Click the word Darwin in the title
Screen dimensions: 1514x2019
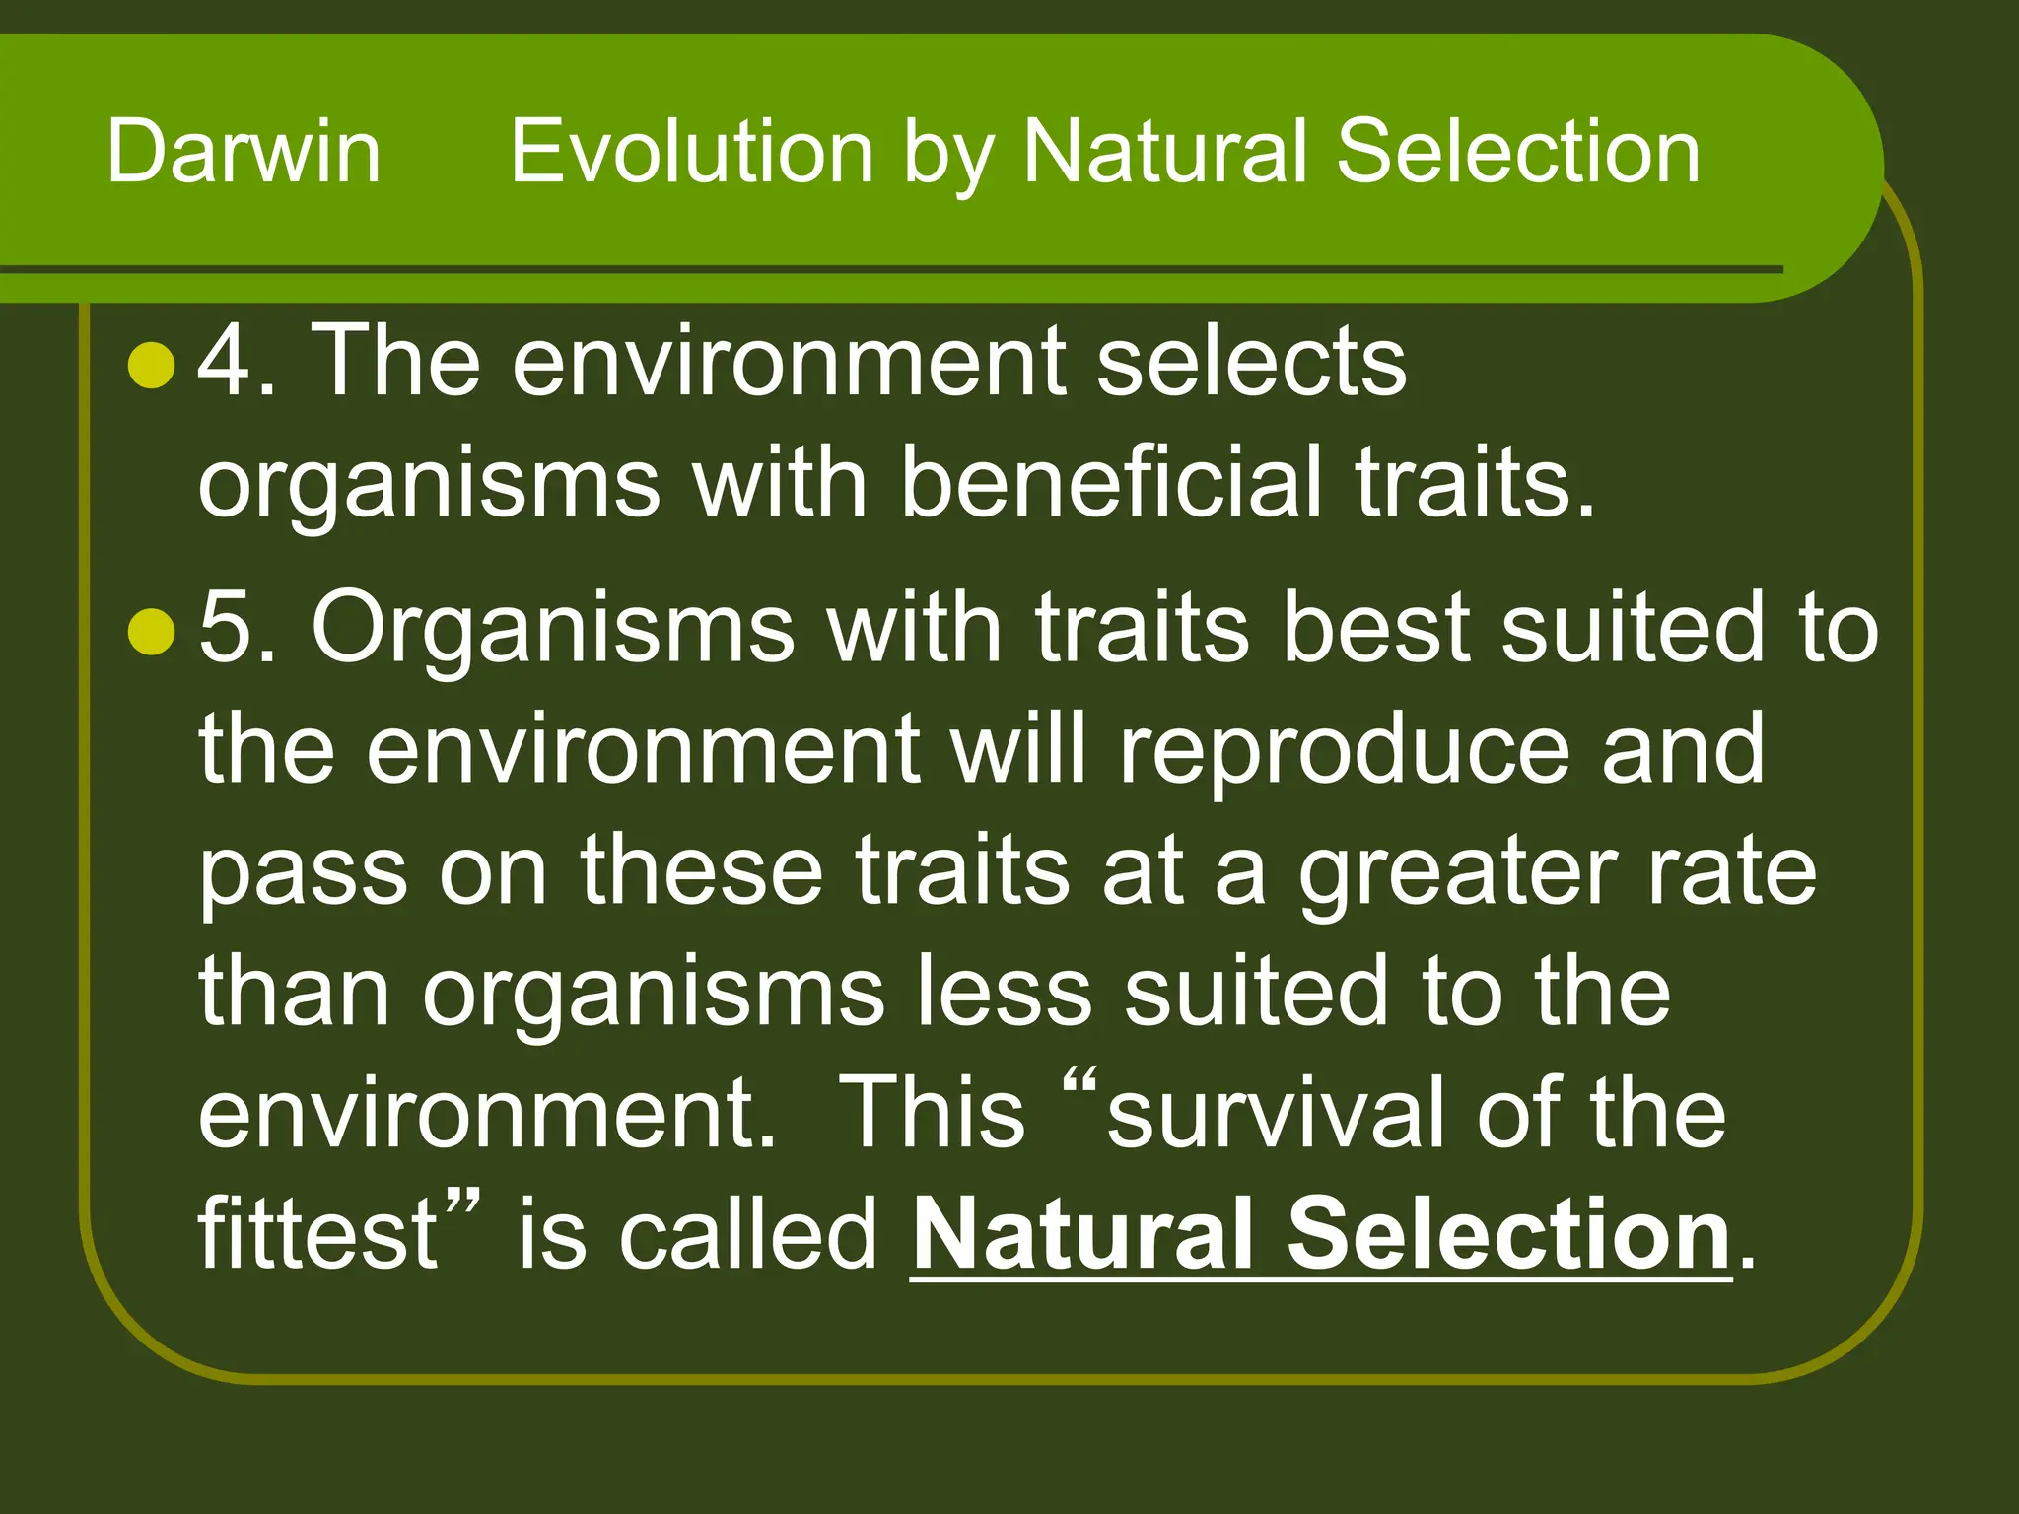click(244, 152)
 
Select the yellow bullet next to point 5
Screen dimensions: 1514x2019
click(152, 631)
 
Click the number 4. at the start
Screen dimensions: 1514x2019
click(237, 362)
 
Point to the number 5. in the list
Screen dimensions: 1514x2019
click(237, 628)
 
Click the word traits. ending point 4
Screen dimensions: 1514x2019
click(1473, 482)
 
